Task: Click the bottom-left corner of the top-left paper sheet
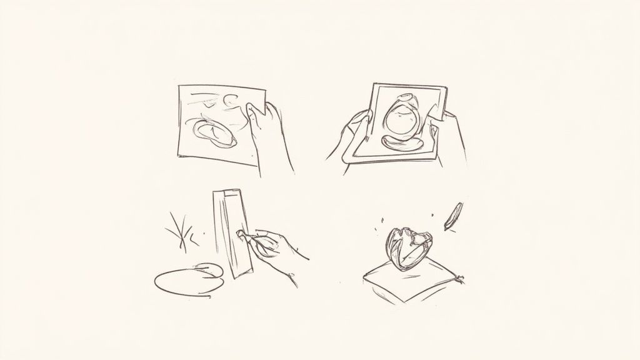pos(178,156)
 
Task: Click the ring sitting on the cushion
pos(409,247)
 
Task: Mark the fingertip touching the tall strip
pos(241,234)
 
